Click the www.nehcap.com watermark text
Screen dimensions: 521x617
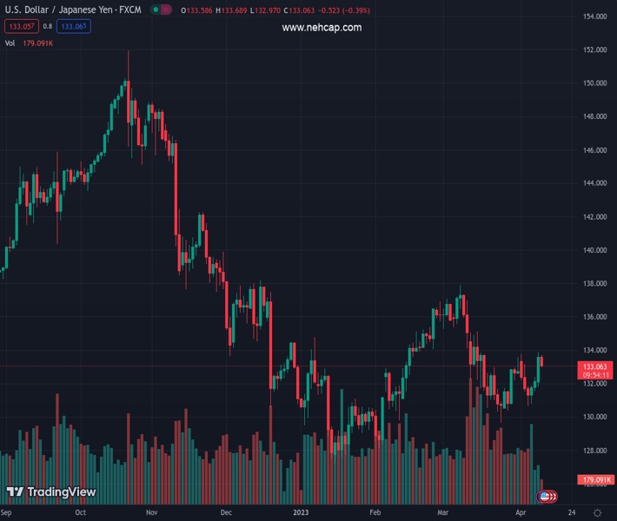click(x=322, y=28)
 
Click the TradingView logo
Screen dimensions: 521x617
click(x=51, y=492)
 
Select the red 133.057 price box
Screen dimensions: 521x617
click(x=22, y=26)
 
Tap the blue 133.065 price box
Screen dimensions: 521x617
click(x=76, y=26)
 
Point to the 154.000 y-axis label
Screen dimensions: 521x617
click(x=594, y=16)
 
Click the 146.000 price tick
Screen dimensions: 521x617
click(x=594, y=150)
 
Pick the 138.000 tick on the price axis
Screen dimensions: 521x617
click(x=594, y=284)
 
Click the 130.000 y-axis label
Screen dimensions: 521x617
click(x=594, y=417)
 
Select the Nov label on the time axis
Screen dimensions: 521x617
click(x=151, y=513)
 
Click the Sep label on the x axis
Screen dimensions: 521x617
click(x=12, y=513)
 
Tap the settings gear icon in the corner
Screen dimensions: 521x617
click(x=597, y=513)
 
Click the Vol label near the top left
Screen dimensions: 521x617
click(x=10, y=42)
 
